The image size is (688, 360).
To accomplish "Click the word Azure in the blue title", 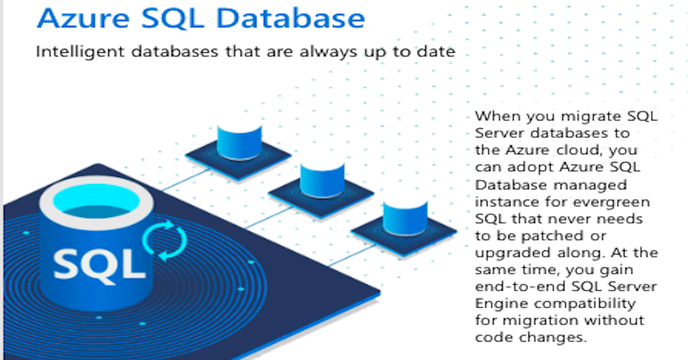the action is click(83, 18).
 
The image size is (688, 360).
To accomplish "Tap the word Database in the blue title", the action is click(291, 18).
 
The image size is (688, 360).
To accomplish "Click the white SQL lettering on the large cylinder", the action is click(99, 265).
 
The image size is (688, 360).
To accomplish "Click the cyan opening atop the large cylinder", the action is click(96, 202).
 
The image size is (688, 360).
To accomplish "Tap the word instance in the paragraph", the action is click(507, 202).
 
